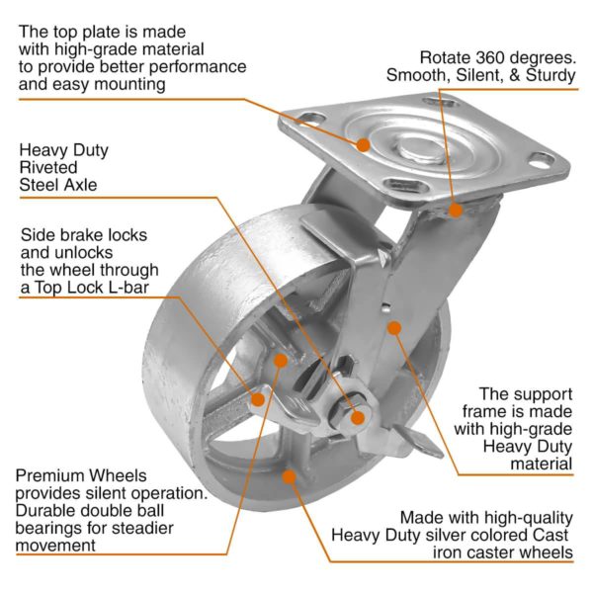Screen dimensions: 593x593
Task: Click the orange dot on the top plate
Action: pyautogui.click(x=363, y=144)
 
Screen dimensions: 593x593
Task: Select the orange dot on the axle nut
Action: pyautogui.click(x=358, y=417)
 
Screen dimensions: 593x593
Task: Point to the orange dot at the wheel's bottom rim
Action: pyautogui.click(x=289, y=475)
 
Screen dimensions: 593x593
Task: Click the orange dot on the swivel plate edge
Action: pyautogui.click(x=456, y=209)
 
